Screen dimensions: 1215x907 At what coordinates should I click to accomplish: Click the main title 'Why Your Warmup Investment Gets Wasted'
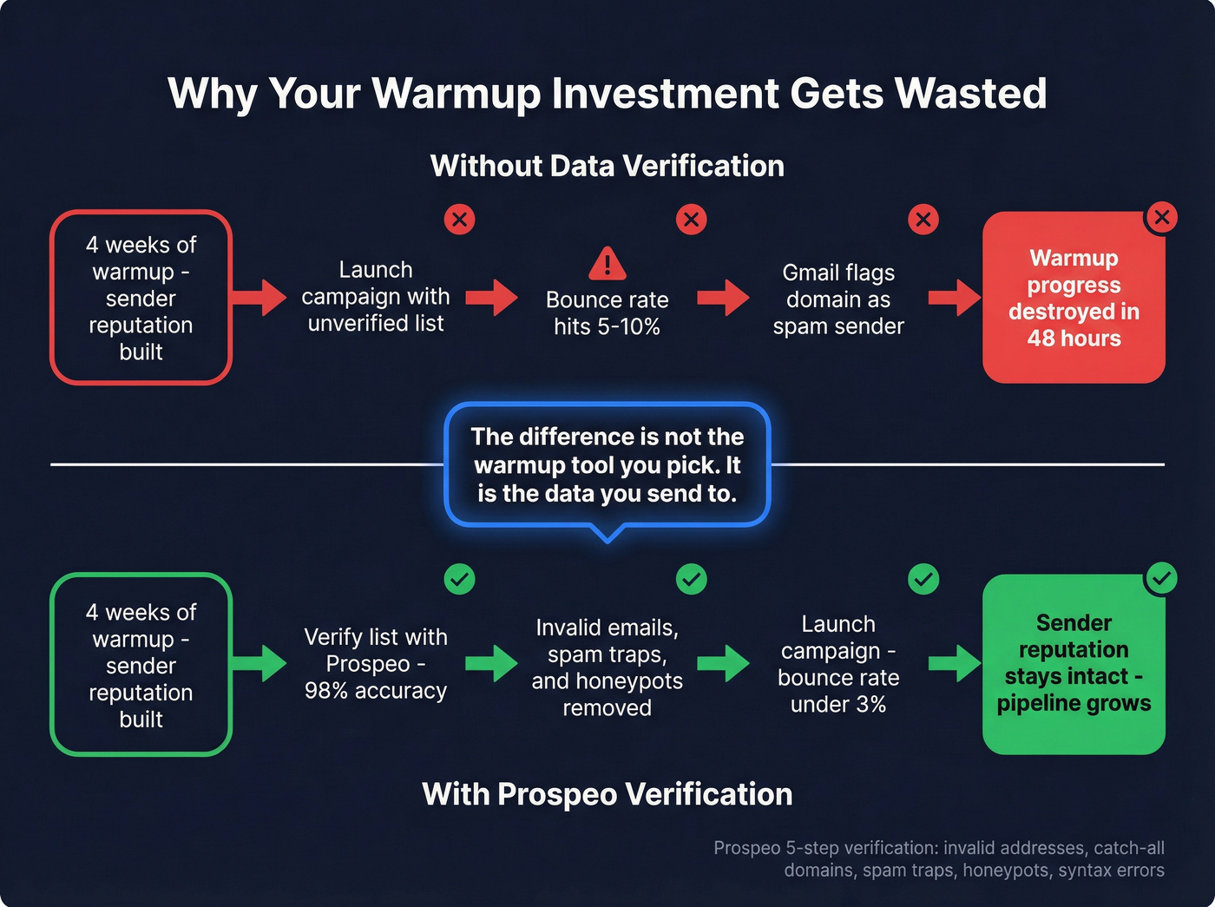607,94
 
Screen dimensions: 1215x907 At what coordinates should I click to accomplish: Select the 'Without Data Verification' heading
607,166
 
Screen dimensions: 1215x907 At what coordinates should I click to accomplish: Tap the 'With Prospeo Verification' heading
607,794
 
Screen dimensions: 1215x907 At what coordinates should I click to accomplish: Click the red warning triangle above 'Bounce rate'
607,264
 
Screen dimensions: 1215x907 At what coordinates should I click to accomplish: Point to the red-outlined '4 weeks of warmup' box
141,298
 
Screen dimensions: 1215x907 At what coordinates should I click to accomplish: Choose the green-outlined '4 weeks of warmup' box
141,665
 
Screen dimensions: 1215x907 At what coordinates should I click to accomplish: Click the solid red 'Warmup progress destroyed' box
1074,298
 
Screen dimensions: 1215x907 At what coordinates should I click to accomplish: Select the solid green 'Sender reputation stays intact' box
1074,664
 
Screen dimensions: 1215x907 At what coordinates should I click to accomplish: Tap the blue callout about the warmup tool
607,465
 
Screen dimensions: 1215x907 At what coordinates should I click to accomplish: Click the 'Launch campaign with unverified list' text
376,297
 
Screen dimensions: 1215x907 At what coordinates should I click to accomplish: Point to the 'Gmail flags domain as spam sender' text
838,299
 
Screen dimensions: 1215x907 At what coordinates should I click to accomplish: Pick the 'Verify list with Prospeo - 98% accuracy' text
376,664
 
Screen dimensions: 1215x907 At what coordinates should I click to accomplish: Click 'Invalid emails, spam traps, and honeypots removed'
607,667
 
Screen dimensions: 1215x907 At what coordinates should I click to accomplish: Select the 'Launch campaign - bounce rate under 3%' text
838,664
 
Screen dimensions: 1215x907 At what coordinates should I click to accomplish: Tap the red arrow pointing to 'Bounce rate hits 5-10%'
491,298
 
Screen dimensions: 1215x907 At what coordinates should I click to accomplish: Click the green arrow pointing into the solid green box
954,664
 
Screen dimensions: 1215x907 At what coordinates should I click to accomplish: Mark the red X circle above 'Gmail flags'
923,220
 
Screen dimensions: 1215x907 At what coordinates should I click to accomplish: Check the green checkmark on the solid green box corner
1161,578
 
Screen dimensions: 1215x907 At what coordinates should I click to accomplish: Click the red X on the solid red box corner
1161,217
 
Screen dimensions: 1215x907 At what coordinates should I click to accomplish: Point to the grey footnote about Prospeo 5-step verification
939,859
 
